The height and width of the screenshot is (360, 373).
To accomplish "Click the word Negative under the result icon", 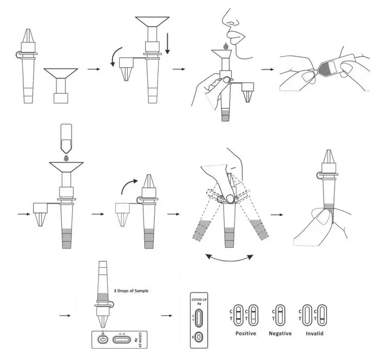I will (280, 333).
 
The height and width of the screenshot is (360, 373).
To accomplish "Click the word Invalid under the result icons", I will (314, 333).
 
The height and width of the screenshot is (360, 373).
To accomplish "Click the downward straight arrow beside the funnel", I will (168, 42).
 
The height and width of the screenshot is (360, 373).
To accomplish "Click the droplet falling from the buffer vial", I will (66, 158).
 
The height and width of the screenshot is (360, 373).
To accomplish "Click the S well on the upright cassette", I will (198, 338).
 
